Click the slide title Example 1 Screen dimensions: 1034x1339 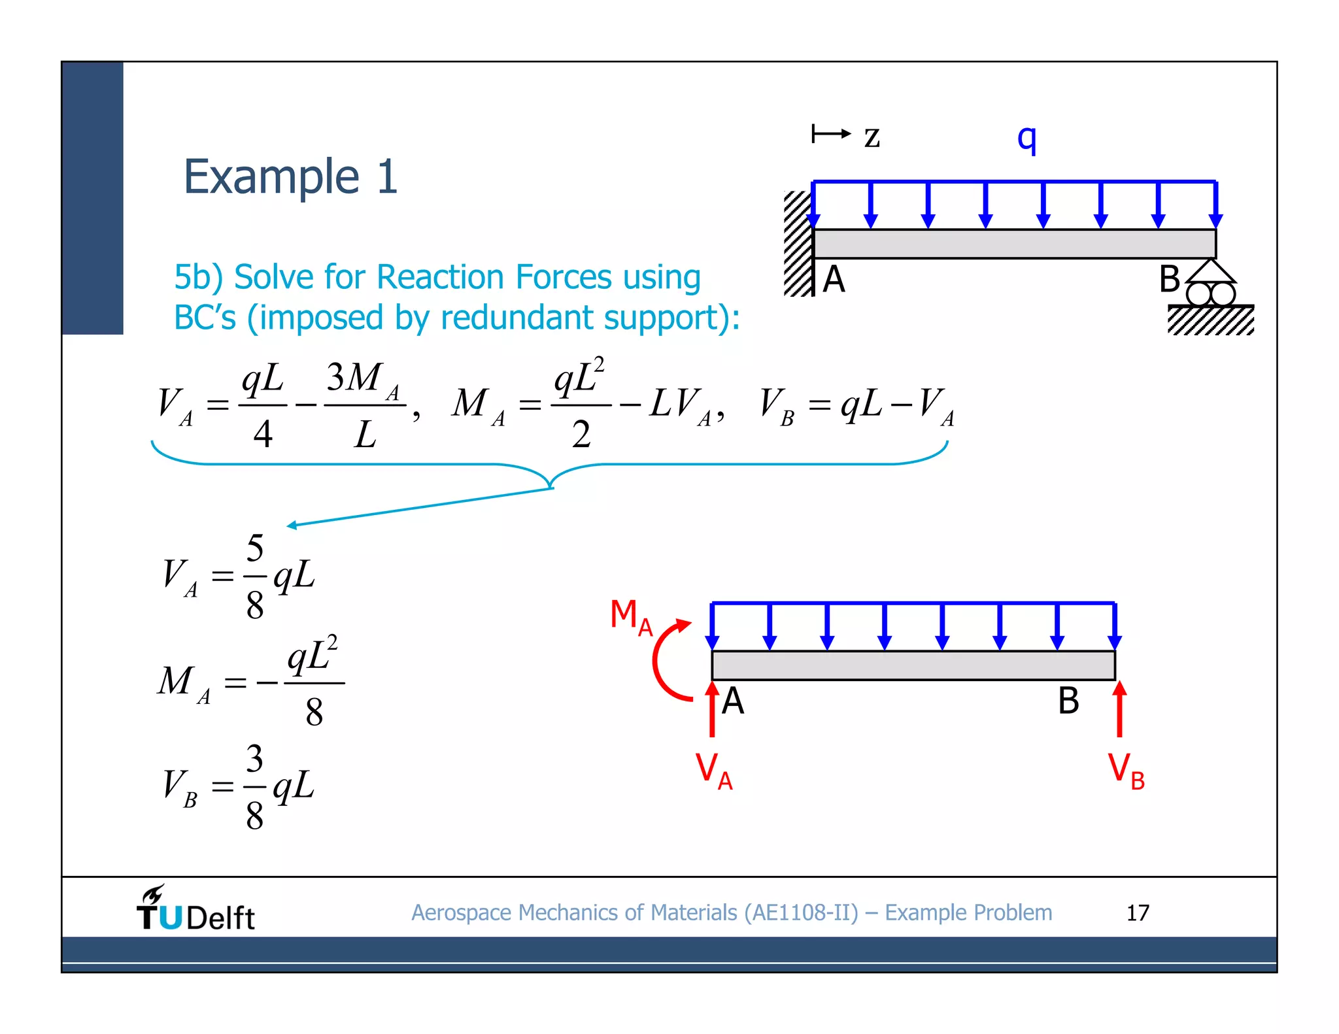click(x=290, y=177)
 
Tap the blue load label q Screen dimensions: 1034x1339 click(x=1026, y=138)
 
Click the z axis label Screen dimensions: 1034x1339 click(x=872, y=137)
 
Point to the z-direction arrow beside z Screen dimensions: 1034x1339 click(x=831, y=134)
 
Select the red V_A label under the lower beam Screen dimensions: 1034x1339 click(x=713, y=771)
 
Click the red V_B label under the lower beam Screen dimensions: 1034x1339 click(x=1126, y=771)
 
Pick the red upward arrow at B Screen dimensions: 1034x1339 click(x=1119, y=709)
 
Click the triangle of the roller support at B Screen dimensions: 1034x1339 click(x=1211, y=271)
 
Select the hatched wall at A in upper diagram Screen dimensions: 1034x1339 click(x=798, y=244)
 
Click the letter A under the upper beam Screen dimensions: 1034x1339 click(x=834, y=280)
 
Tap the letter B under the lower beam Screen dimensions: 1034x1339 click(x=1068, y=701)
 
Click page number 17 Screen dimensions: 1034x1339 click(x=1137, y=913)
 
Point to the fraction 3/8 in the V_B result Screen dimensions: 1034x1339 click(x=254, y=787)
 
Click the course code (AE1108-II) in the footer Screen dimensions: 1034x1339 click(x=801, y=913)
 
